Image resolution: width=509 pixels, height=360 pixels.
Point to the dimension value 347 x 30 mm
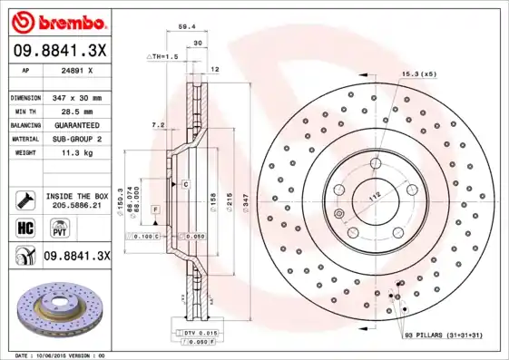click(75, 97)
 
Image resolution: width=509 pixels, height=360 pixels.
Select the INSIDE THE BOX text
click(76, 195)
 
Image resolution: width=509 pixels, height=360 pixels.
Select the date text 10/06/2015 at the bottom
click(59, 355)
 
